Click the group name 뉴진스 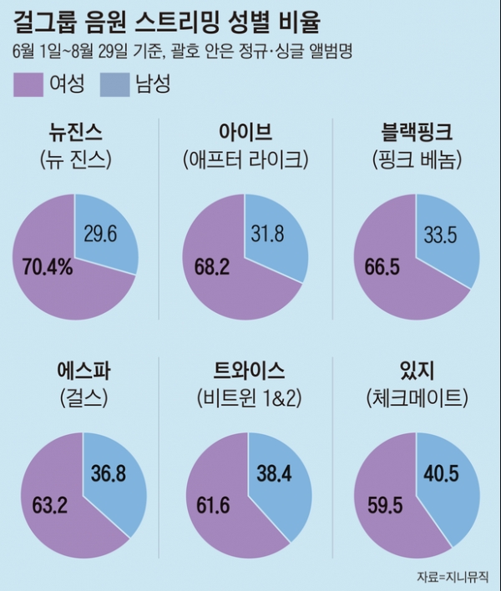point(82,132)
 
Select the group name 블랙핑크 point(416,132)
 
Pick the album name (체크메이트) point(416,398)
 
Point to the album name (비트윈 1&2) point(249,398)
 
